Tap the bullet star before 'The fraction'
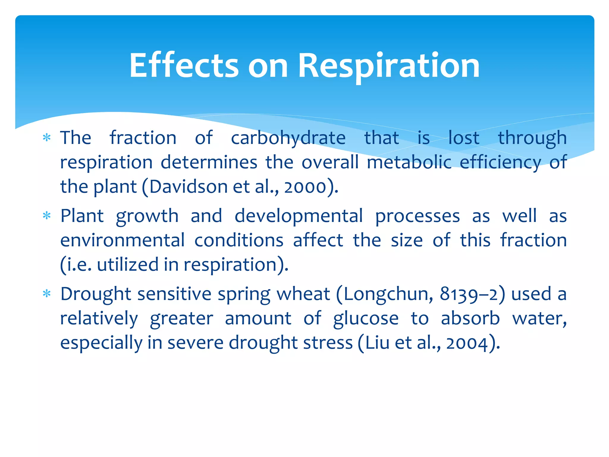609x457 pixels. (x=47, y=138)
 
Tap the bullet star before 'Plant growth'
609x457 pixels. (x=47, y=216)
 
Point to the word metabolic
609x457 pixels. (x=409, y=163)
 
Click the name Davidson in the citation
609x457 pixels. (x=188, y=187)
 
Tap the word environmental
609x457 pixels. (x=122, y=240)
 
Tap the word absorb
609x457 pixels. (x=470, y=318)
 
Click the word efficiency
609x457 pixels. (x=500, y=163)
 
